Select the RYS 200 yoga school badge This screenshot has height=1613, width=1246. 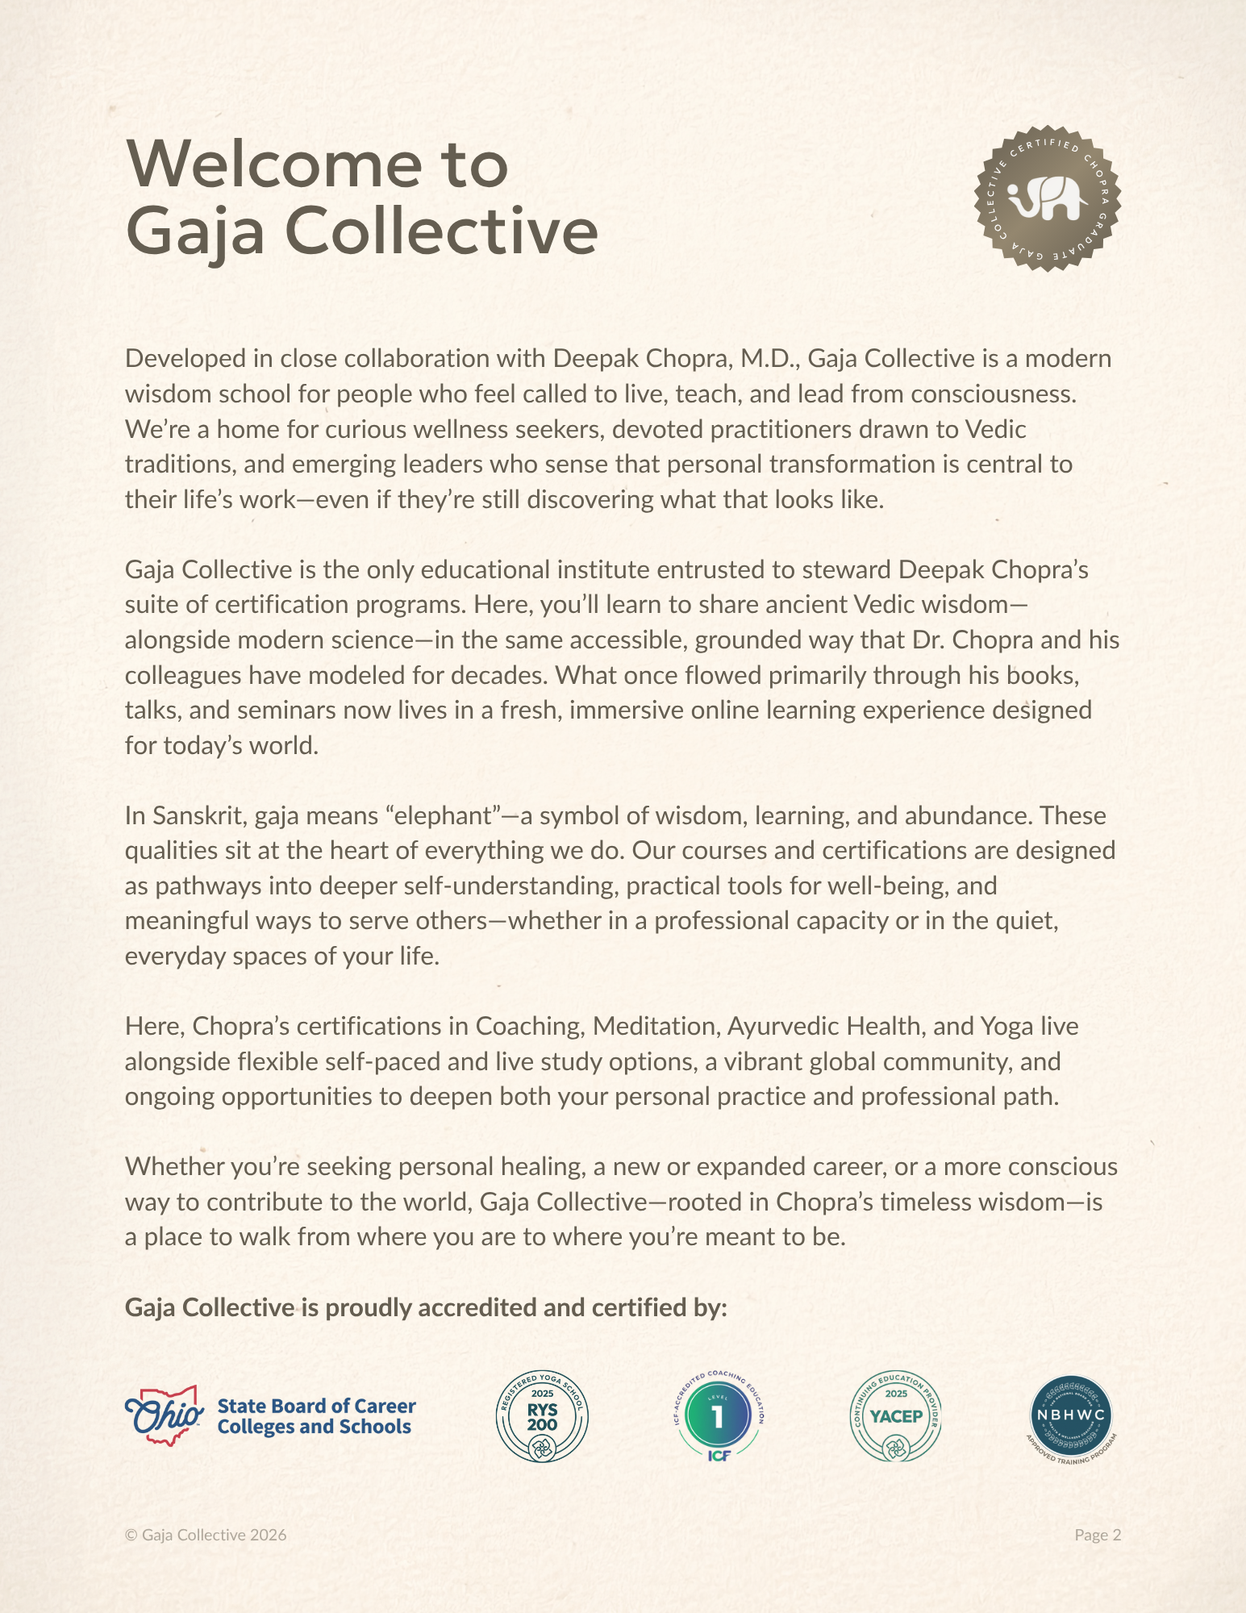[x=542, y=1417]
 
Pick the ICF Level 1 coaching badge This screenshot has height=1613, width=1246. [x=718, y=1417]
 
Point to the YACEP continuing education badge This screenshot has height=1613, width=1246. [x=896, y=1417]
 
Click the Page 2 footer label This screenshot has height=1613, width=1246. [x=1098, y=1535]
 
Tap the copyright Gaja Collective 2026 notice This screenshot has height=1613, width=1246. [x=206, y=1535]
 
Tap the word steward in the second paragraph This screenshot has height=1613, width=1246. [x=846, y=570]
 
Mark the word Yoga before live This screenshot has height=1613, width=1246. [x=1006, y=1027]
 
